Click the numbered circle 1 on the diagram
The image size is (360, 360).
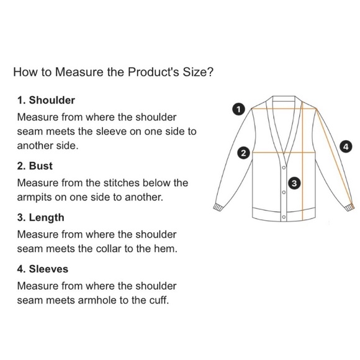click(238, 109)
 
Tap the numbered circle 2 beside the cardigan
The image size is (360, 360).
click(243, 153)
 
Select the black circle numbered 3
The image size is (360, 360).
click(294, 183)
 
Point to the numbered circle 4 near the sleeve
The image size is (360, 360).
click(346, 146)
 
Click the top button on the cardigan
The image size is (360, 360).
click(284, 168)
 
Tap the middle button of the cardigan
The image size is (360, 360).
click(284, 192)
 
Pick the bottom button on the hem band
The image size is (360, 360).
click(284, 217)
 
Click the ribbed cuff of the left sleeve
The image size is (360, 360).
click(218, 207)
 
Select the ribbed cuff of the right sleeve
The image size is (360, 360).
click(350, 207)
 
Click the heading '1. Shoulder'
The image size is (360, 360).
click(46, 101)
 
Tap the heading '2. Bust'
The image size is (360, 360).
click(35, 166)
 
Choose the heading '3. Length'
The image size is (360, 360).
click(40, 217)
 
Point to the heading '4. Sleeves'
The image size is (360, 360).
click(43, 269)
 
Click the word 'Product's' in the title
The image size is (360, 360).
click(153, 72)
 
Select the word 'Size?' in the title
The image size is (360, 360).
click(198, 72)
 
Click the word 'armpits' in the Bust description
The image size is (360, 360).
click(34, 197)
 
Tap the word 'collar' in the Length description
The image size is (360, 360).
click(109, 249)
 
